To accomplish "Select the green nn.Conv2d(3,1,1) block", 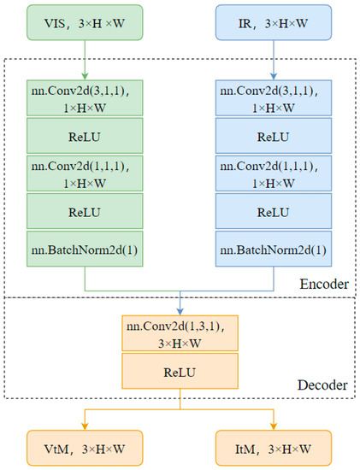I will click(85, 97).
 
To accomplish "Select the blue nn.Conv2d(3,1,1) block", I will click(274, 97).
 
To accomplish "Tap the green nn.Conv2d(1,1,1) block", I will click(85, 172).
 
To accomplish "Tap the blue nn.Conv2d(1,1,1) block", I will click(274, 172).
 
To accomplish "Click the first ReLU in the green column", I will click(85, 134).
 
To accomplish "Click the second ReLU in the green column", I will click(85, 210).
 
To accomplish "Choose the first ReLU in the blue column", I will click(274, 134).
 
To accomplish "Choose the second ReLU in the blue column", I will click(274, 210).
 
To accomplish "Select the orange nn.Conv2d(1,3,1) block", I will click(180, 333).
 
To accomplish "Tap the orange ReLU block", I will click(180, 372).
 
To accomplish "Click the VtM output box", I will click(85, 445).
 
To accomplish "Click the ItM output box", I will click(274, 445).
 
